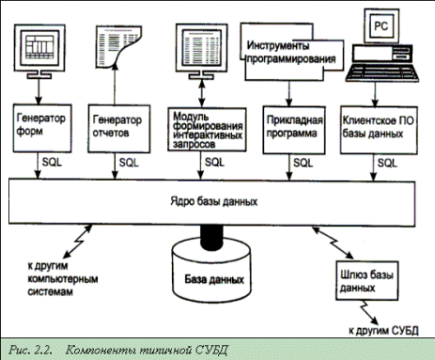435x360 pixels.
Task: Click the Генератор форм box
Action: click(x=42, y=129)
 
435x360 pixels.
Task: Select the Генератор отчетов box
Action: click(x=119, y=129)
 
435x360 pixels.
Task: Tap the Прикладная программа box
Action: click(x=294, y=130)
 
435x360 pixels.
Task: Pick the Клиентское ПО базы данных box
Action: click(x=379, y=130)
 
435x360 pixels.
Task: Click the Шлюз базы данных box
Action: click(x=367, y=280)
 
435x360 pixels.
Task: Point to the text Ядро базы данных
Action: click(x=214, y=201)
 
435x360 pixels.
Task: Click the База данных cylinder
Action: click(x=212, y=270)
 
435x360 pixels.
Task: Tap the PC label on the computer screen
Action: click(x=381, y=26)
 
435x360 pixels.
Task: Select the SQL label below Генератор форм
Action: click(x=52, y=163)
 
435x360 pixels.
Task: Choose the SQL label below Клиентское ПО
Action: click(x=387, y=163)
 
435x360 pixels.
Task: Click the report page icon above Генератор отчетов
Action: click(x=118, y=46)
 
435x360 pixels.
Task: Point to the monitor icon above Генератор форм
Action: click(x=39, y=52)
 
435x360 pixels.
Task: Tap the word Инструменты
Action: click(x=278, y=46)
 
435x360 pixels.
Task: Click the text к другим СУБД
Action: click(x=383, y=330)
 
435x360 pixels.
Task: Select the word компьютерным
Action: click(x=63, y=279)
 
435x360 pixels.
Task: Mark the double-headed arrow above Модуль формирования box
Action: click(x=202, y=93)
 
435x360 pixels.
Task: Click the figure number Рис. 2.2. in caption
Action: click(x=30, y=350)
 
